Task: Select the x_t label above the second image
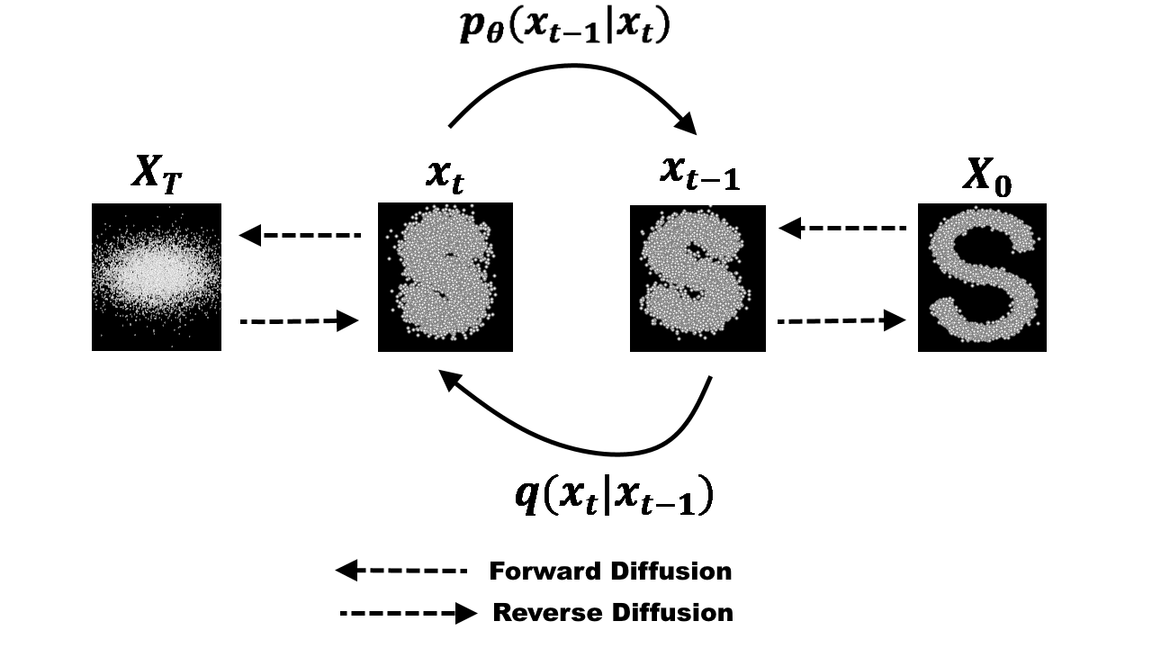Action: tap(445, 176)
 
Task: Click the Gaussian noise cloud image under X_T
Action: tap(157, 276)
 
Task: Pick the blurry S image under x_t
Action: tap(445, 276)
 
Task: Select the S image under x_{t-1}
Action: tap(698, 278)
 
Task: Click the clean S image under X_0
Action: tap(982, 276)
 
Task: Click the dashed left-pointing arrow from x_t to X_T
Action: tap(300, 236)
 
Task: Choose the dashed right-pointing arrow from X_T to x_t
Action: tap(300, 320)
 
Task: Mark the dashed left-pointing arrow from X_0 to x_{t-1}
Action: tap(842, 229)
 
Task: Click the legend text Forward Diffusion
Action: tap(610, 571)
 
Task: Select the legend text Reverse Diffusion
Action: tap(613, 614)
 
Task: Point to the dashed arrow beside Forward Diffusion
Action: tap(401, 571)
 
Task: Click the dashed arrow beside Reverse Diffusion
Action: tap(409, 614)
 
